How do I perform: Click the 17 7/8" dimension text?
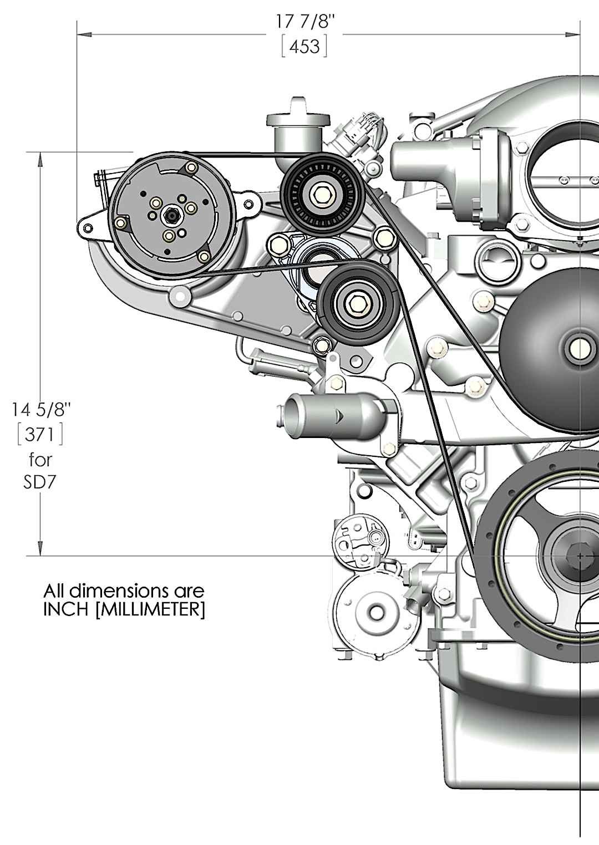[305, 22]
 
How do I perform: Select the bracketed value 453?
[304, 47]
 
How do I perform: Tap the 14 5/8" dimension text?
[40, 410]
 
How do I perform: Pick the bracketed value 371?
[40, 435]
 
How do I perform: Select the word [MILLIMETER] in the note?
[150, 610]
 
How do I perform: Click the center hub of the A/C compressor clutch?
[172, 216]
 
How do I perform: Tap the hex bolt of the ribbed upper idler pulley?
[321, 195]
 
